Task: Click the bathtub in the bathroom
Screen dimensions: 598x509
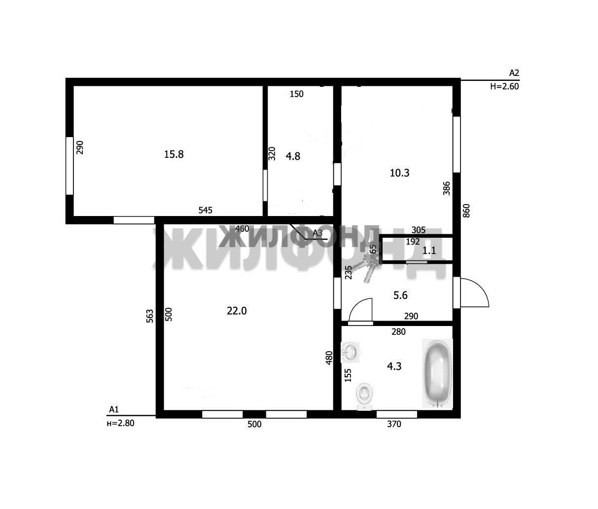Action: point(437,373)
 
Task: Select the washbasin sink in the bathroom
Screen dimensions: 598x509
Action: point(350,352)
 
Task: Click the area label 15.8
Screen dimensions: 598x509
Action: point(174,154)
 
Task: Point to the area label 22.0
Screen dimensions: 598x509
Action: point(237,311)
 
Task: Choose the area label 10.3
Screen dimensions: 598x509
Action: point(399,173)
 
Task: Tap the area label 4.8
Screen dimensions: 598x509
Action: point(293,156)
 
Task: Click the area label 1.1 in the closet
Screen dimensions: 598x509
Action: point(429,250)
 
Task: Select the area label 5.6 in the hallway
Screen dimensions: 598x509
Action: point(400,295)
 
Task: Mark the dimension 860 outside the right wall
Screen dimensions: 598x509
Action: point(466,211)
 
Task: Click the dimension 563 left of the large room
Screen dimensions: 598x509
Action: point(149,316)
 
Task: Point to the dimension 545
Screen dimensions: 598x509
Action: point(206,210)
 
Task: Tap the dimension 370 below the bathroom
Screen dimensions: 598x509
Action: point(394,424)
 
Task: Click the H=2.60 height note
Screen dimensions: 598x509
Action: point(504,86)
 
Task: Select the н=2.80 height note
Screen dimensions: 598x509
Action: point(121,423)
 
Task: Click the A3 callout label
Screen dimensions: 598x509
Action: point(317,233)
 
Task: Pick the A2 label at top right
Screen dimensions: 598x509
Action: point(514,73)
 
